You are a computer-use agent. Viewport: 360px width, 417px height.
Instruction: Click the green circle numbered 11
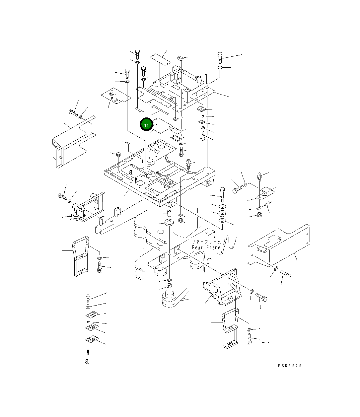146,125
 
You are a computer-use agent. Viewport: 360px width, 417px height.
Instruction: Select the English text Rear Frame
206,247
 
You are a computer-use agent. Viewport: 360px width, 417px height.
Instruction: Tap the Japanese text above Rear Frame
206,242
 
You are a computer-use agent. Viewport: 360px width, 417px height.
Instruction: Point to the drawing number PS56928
290,366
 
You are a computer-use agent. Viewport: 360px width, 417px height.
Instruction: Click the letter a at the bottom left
87,361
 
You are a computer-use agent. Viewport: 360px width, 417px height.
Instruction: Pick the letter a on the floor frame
131,172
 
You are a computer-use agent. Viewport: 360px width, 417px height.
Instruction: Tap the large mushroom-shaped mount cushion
169,223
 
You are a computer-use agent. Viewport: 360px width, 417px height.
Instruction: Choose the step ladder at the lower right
231,328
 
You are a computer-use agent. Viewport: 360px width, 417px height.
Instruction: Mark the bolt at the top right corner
220,57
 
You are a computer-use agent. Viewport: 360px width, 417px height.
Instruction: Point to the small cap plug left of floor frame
118,155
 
